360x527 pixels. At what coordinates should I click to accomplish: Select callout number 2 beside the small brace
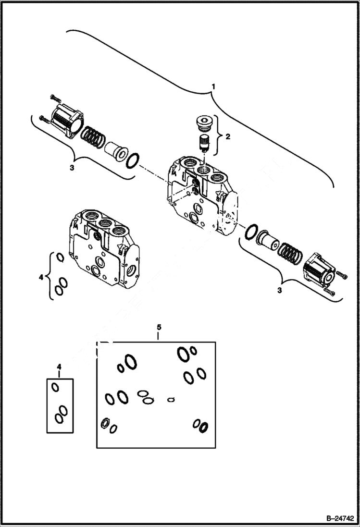(x=228, y=136)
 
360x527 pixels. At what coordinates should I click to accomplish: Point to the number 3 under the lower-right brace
(x=279, y=291)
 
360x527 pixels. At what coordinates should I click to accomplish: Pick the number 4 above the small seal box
(x=59, y=367)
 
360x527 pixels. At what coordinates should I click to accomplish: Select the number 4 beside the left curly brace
(x=41, y=277)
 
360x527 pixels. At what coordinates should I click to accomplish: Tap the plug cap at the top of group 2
(x=205, y=124)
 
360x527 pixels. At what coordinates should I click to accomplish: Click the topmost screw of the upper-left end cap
(x=53, y=98)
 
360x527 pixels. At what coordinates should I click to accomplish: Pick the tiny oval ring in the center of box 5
(x=171, y=399)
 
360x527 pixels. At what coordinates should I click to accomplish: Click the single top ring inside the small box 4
(x=56, y=387)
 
